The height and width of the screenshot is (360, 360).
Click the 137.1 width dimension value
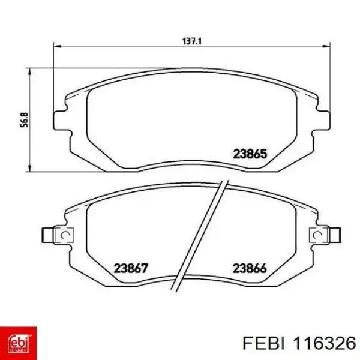coord(192,41)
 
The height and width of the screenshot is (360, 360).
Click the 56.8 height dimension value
coord(25,119)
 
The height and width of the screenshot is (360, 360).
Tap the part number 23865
coord(250,154)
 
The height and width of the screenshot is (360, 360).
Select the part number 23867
coord(131,268)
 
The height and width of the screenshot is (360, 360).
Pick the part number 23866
coord(250,268)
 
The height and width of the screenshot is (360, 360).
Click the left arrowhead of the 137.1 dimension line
coord(58,46)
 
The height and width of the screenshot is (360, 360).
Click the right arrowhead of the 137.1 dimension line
coord(326,46)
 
